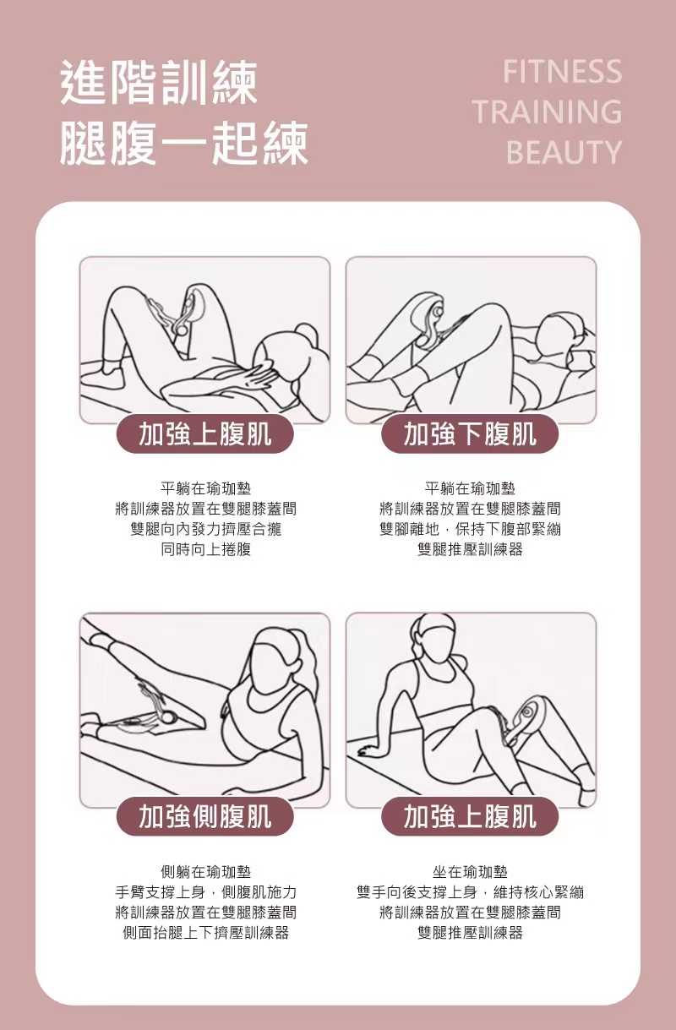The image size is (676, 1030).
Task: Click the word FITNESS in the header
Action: point(562,72)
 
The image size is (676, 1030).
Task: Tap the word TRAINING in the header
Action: point(547,112)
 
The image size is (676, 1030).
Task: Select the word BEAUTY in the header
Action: point(564,153)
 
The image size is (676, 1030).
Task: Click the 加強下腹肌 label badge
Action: point(470,434)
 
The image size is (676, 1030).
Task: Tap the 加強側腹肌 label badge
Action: point(205,816)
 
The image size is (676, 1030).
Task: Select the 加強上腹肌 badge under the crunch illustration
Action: point(205,434)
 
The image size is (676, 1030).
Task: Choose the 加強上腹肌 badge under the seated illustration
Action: point(470,816)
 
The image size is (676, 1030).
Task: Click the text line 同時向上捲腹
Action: point(205,550)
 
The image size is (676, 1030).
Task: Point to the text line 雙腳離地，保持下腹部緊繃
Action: point(470,530)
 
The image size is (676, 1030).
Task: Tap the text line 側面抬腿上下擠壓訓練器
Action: point(205,933)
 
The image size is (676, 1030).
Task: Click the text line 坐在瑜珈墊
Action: point(470,871)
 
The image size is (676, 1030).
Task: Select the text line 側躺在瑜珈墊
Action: point(205,871)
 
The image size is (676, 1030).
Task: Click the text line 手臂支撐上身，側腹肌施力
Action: point(205,892)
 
